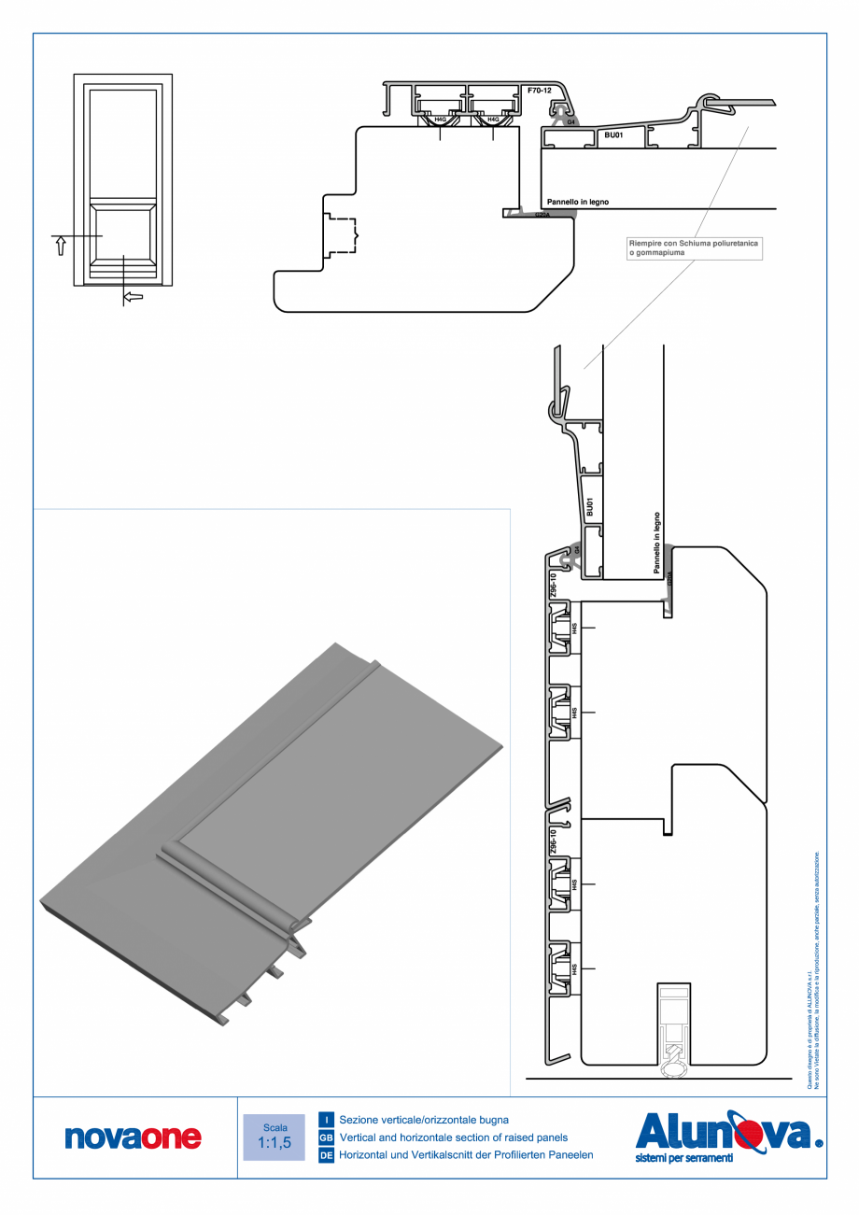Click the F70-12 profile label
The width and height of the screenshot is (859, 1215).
540,91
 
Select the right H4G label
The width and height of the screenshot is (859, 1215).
494,119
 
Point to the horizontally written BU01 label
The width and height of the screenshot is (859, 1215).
613,135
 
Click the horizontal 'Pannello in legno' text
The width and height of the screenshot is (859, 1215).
578,201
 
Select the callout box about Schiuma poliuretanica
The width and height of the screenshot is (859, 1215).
695,247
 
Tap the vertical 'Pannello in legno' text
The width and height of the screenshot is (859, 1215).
658,542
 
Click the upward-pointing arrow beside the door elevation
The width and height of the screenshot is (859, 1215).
62,247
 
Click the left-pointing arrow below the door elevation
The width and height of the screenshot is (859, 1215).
134,297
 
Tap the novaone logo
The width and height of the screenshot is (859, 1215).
133,1137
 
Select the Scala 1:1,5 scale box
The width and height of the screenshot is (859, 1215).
275,1136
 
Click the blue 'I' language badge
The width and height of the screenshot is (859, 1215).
327,1119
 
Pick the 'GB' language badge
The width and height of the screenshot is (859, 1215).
327,1137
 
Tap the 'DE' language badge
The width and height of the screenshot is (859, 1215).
327,1155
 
